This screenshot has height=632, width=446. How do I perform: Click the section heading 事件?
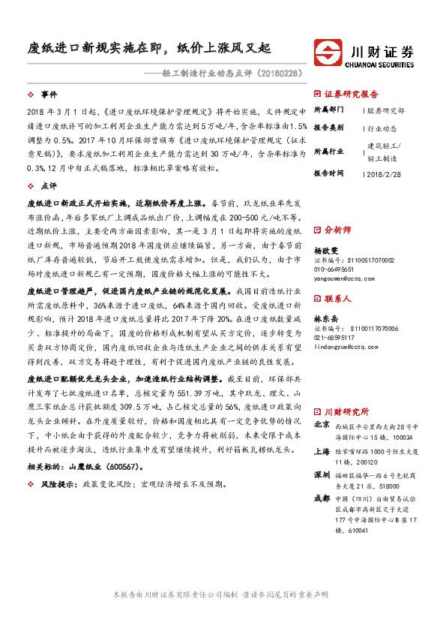click(49, 95)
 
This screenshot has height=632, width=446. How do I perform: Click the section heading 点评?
click(49, 185)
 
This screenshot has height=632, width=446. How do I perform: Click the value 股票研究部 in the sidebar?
click(386, 110)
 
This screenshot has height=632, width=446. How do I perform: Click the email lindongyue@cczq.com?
click(349, 347)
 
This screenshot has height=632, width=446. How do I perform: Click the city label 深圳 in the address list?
click(322, 475)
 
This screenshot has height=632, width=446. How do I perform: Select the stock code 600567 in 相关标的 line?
click(118, 466)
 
